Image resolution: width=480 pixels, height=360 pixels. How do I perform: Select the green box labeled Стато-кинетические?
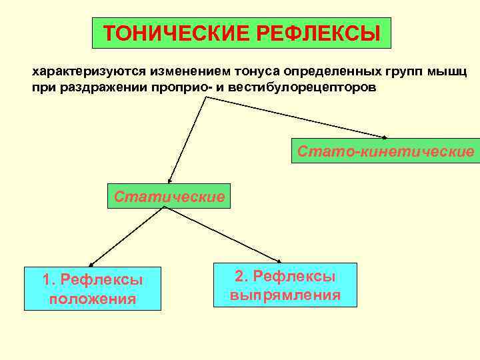pos(386,152)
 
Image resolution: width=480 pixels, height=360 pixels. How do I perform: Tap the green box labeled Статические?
pos(169,197)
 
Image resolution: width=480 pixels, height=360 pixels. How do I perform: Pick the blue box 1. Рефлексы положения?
pos(93,289)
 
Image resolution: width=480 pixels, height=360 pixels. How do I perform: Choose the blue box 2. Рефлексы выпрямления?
pos(285,285)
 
